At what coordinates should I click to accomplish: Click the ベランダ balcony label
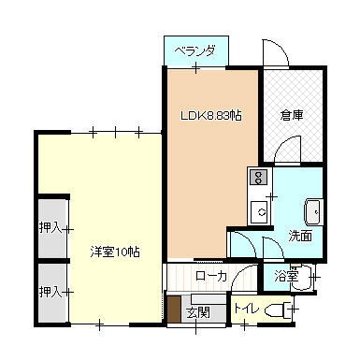click(196, 51)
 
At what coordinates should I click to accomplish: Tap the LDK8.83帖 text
click(211, 116)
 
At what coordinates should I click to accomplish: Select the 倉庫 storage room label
click(293, 116)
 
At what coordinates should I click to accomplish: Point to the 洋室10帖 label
click(115, 252)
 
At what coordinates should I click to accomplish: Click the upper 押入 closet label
click(50, 227)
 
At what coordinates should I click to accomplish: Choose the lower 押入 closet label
click(50, 292)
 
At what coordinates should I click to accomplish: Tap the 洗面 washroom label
click(300, 235)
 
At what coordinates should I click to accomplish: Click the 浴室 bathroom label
click(286, 276)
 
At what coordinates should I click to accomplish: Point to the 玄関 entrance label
click(196, 311)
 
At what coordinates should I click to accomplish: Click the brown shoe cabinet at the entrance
click(173, 310)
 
